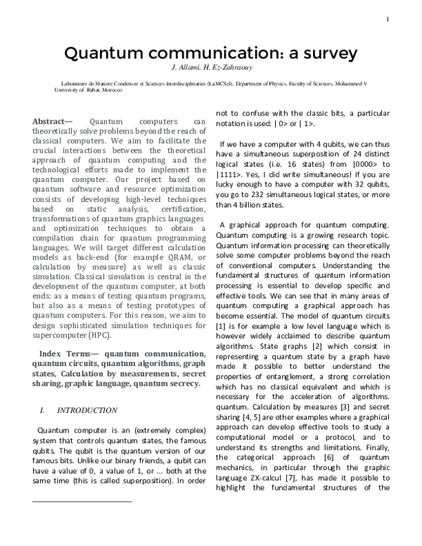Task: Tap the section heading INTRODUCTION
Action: click(87, 410)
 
